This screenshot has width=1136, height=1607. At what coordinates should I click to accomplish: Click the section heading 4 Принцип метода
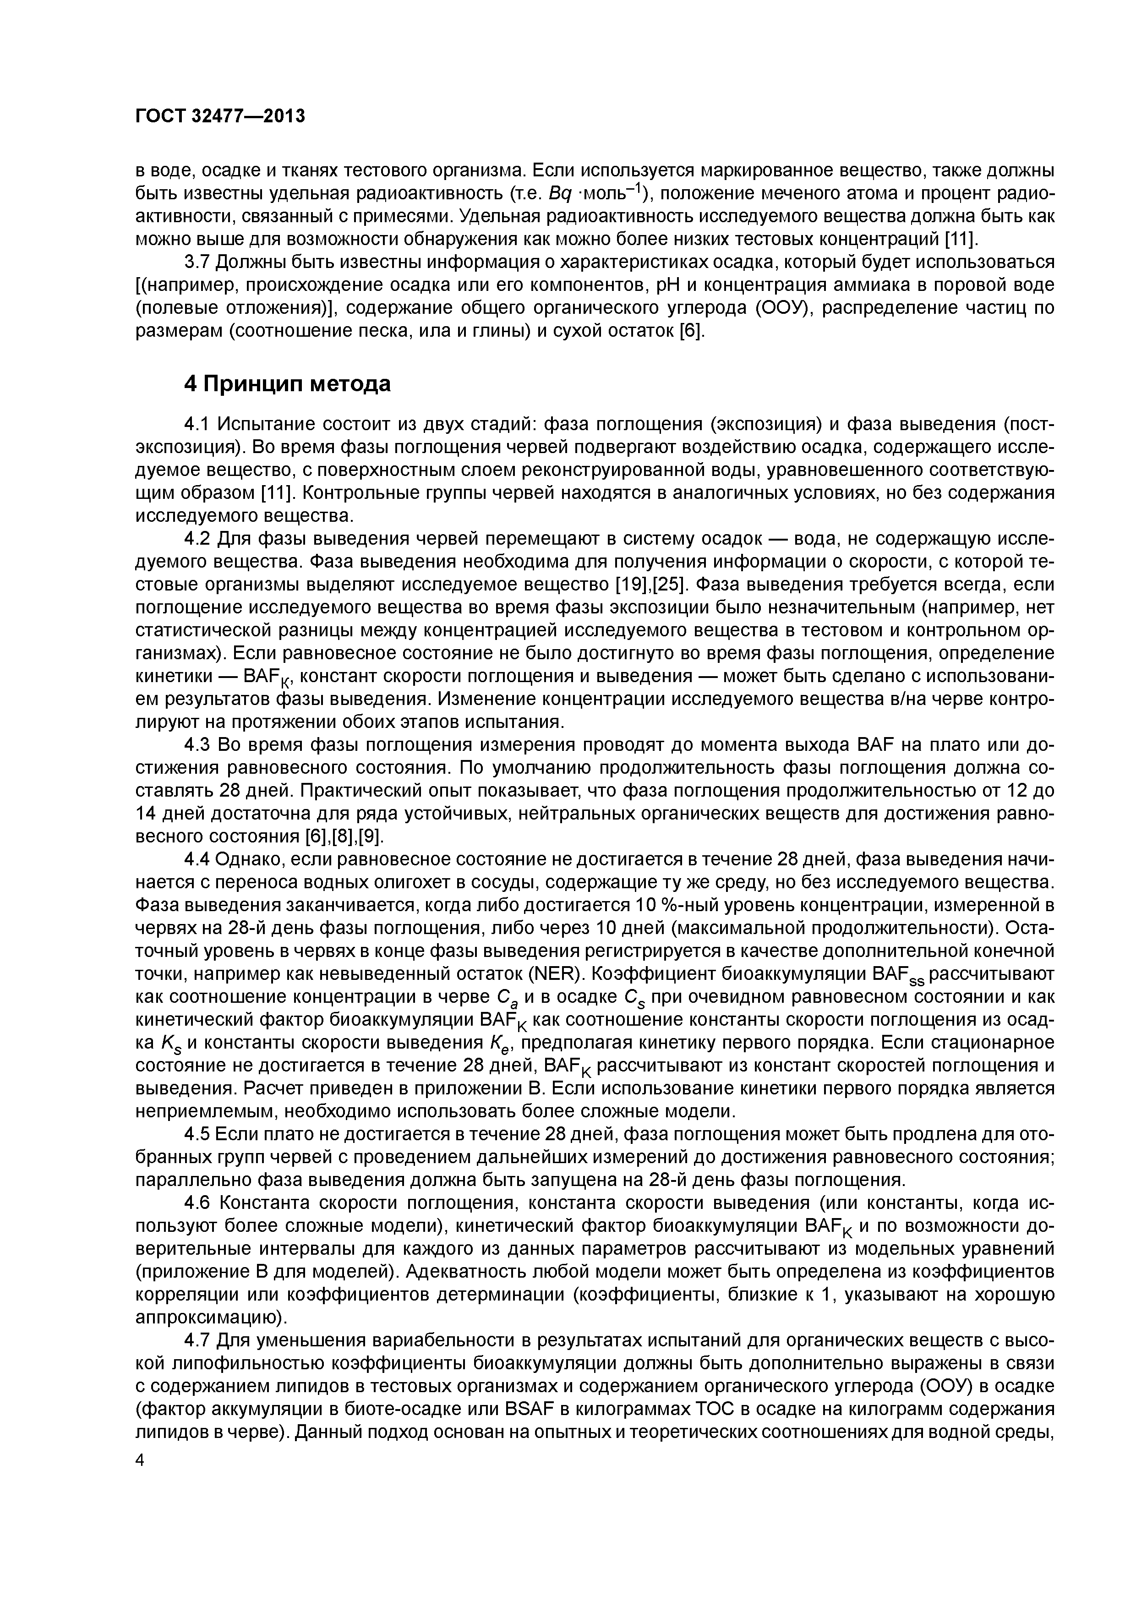(x=287, y=383)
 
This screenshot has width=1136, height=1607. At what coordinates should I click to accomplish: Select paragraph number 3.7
(x=197, y=262)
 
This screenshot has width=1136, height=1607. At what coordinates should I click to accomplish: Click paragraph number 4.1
(x=197, y=424)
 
